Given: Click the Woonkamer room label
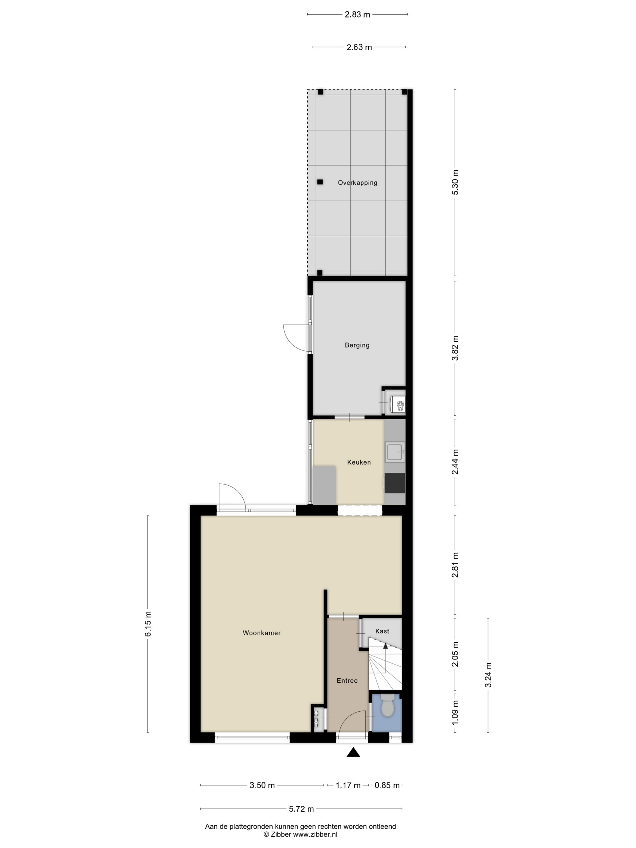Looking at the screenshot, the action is [x=261, y=633].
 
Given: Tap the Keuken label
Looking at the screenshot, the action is [x=359, y=462].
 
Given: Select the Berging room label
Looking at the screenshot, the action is [x=357, y=346].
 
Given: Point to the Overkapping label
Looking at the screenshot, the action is [x=357, y=183].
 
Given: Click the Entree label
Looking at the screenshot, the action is [x=347, y=681].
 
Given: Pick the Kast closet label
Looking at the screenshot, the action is [x=382, y=631].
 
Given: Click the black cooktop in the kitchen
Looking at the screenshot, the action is [x=395, y=483].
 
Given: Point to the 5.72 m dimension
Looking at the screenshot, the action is [x=301, y=809].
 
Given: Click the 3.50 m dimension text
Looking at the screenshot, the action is [x=262, y=785].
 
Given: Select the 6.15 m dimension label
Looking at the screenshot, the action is [x=148, y=629].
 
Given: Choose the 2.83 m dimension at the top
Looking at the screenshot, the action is [x=357, y=15].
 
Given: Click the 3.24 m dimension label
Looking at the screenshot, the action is [x=488, y=675].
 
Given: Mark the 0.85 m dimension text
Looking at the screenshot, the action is [x=387, y=785].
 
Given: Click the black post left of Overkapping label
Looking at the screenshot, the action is [x=320, y=182].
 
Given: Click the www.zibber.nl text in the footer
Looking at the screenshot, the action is [x=315, y=834].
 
